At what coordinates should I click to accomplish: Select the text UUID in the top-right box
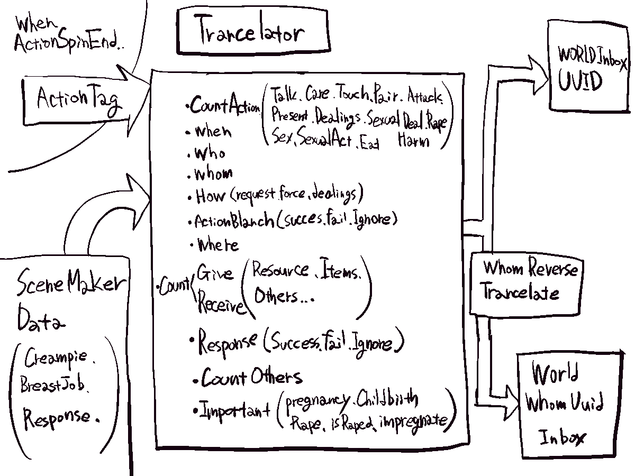point(580,82)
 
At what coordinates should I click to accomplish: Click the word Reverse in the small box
point(552,269)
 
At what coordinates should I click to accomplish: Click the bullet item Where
point(217,245)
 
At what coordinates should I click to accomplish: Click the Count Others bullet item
point(251,378)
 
